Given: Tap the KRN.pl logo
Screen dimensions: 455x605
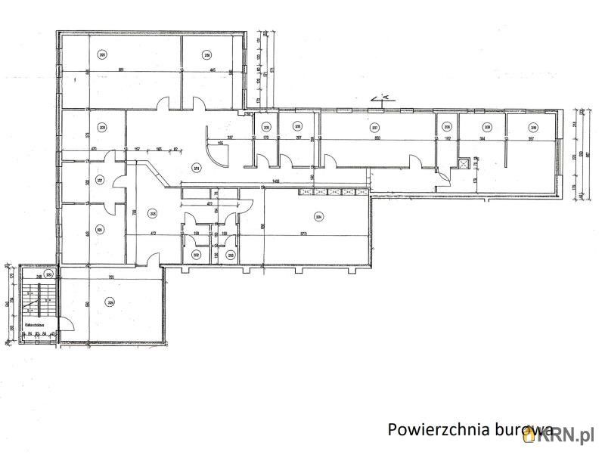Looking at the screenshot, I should pos(570,432).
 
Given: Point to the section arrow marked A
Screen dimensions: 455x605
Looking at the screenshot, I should pos(382,98).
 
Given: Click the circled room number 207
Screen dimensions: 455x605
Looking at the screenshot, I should pos(374,127).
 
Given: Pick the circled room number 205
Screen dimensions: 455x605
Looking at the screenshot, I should pos(265,127).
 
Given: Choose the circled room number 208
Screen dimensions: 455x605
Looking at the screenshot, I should pos(447,127).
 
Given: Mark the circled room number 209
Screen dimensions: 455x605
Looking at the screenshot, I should pos(488,127).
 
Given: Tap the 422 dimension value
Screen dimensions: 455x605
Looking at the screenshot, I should pos(209,203).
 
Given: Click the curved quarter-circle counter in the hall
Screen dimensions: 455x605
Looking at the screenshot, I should pos(217,151).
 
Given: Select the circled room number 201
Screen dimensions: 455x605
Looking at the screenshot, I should pos(197,168).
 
